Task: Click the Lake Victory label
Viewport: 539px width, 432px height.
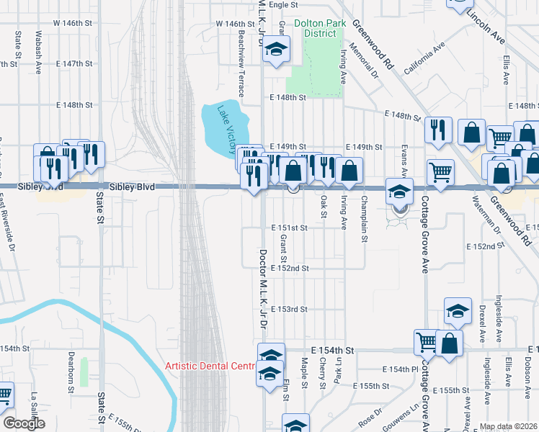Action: pyautogui.click(x=223, y=125)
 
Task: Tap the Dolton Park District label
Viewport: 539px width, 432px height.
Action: pyautogui.click(x=315, y=28)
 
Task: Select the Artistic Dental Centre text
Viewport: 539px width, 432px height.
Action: pyautogui.click(x=210, y=366)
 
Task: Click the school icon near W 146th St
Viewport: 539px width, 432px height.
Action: pyautogui.click(x=275, y=50)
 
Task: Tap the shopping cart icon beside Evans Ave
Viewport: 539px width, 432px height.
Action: pyautogui.click(x=440, y=172)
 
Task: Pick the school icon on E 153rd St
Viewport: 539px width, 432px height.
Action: pyautogui.click(x=457, y=312)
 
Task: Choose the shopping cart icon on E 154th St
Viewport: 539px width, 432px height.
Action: pyautogui.click(x=427, y=342)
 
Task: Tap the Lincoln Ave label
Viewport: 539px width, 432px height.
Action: pyautogui.click(x=486, y=27)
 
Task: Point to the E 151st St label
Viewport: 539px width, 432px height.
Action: pyautogui.click(x=290, y=228)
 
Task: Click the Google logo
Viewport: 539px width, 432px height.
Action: pyautogui.click(x=24, y=423)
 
